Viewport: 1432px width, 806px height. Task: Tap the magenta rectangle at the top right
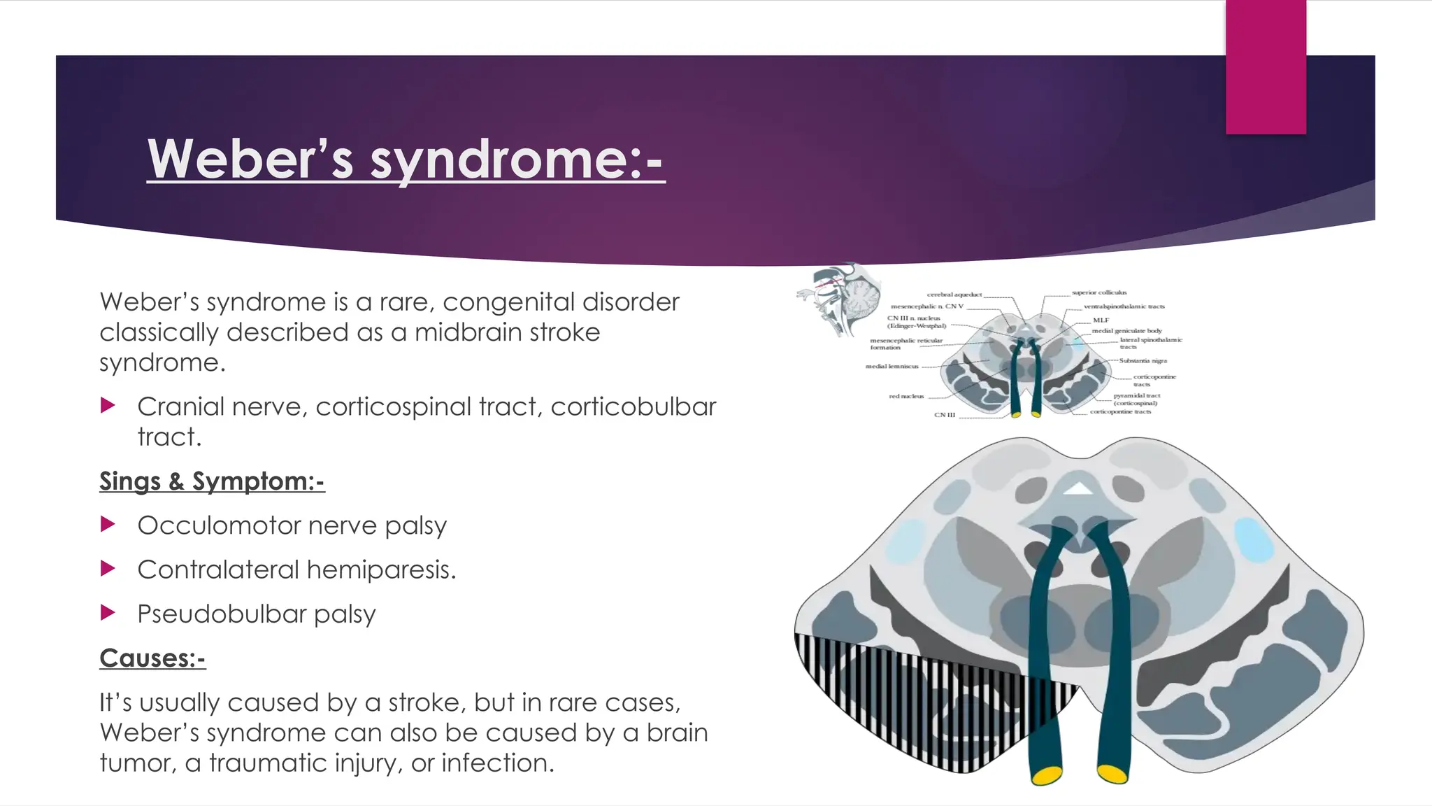[x=1266, y=66]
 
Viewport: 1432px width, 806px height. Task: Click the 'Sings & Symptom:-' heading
[x=212, y=481]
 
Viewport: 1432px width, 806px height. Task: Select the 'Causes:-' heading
[x=152, y=658]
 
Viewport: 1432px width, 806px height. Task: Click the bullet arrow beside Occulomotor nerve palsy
[x=108, y=525]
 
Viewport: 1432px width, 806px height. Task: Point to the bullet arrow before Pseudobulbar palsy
[x=108, y=614]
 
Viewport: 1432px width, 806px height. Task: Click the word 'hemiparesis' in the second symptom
[x=381, y=570]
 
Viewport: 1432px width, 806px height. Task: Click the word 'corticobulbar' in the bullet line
[x=633, y=406]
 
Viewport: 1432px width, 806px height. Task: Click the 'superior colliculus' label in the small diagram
[x=1099, y=292]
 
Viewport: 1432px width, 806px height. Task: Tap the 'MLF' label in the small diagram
[x=1101, y=320]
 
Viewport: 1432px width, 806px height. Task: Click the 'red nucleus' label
[x=906, y=396]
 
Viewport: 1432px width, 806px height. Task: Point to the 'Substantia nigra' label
[x=1143, y=360]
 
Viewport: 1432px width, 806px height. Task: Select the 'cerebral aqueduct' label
[x=954, y=295]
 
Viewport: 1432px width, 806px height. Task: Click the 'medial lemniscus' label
[x=892, y=366]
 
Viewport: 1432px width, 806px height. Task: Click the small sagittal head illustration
[x=838, y=299]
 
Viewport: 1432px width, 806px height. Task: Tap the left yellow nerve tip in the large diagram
[x=1047, y=775]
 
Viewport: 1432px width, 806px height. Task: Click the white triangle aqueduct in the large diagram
[x=1079, y=488]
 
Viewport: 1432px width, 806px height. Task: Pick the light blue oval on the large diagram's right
[x=1254, y=539]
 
